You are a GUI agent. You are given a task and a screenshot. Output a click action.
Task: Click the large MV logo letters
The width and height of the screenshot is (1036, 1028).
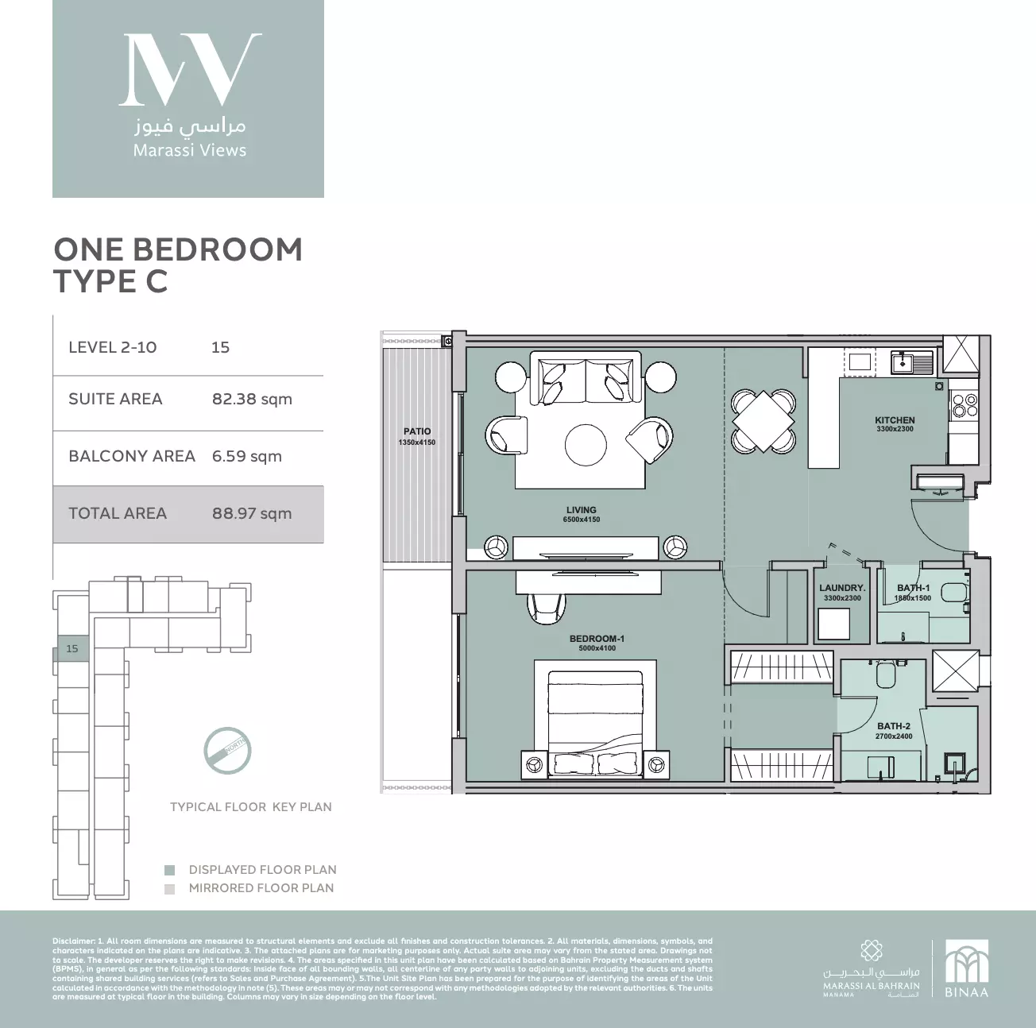(189, 69)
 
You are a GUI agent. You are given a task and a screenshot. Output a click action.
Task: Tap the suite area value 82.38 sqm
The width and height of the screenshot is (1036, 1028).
(252, 399)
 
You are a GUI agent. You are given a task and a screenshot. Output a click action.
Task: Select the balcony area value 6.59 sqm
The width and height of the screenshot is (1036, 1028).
(246, 456)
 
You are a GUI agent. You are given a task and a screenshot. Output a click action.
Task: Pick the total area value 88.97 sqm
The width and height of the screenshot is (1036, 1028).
(252, 513)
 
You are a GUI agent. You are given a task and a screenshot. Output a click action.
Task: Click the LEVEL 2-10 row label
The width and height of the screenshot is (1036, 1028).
(113, 347)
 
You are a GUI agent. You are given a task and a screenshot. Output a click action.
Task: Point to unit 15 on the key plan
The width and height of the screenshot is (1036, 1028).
(72, 649)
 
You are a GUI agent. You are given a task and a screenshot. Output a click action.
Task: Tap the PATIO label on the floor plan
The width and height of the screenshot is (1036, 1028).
(417, 432)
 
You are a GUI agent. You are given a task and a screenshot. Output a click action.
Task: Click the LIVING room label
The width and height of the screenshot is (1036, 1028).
(582, 510)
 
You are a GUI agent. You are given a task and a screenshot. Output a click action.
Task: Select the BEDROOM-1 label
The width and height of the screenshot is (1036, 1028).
(597, 639)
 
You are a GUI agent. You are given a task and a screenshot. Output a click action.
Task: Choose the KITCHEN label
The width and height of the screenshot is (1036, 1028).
(895, 420)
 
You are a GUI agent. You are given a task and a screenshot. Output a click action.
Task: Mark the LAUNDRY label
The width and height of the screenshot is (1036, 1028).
(842, 589)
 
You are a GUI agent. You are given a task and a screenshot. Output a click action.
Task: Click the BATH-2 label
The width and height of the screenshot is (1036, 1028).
(894, 726)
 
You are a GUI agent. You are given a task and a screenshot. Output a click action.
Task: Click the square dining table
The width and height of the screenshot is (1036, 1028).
(763, 419)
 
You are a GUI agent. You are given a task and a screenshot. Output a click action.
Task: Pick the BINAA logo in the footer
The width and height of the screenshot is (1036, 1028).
(966, 969)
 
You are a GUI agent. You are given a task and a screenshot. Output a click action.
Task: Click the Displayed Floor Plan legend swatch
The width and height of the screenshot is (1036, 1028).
(169, 870)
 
